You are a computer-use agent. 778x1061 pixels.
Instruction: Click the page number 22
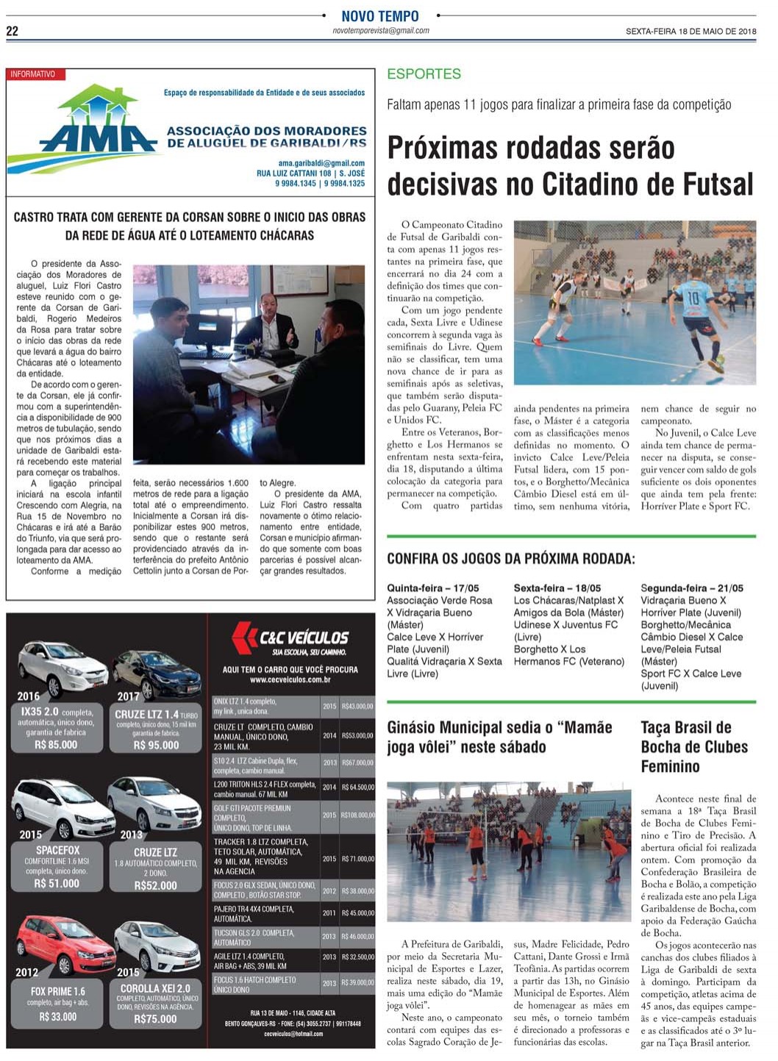click(13, 31)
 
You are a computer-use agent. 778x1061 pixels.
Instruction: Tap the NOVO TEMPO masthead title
click(380, 16)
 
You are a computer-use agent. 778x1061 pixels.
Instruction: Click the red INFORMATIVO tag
click(35, 74)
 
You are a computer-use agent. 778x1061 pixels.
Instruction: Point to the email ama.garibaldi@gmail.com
click(321, 163)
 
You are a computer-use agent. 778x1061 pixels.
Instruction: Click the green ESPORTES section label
click(424, 74)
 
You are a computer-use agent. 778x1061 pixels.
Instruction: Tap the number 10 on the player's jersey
click(693, 298)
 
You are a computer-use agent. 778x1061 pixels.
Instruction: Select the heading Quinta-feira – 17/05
click(433, 588)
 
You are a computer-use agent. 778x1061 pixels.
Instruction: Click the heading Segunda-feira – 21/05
click(692, 588)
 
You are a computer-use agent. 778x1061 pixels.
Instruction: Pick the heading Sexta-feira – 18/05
click(557, 588)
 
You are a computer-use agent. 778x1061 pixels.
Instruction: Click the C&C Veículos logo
click(290, 637)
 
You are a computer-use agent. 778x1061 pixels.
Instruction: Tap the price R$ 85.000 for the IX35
click(56, 745)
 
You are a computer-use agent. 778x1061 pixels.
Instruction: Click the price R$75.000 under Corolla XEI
click(156, 1019)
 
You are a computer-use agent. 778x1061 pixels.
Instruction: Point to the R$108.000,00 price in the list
click(357, 815)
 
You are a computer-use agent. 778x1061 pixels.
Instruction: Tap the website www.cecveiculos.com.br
click(290, 680)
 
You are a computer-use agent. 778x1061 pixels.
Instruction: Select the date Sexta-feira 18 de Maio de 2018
click(690, 31)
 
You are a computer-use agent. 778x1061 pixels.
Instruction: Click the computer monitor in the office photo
click(207, 330)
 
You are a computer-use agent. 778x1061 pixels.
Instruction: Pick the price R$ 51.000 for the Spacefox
click(57, 883)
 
